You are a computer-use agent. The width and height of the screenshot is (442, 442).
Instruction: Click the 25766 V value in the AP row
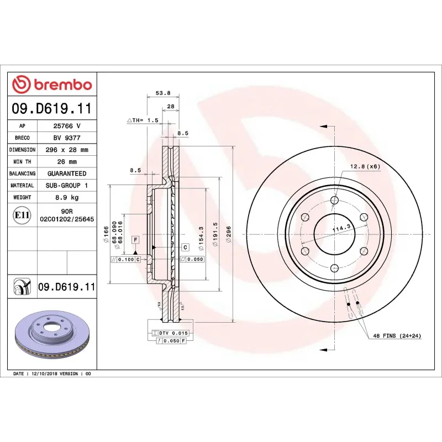point(67,126)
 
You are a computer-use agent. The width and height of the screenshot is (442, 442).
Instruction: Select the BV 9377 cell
point(67,138)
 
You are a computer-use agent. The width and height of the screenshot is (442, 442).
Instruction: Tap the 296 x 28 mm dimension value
point(67,150)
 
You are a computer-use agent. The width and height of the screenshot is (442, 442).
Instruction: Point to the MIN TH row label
point(22,162)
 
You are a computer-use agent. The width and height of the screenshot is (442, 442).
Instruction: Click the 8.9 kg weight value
point(67,197)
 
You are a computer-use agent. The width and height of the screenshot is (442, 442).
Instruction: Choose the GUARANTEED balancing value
point(67,173)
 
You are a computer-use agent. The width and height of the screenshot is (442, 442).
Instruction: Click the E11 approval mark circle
point(22,215)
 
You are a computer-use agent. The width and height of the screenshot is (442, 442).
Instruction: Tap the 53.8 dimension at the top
point(164,93)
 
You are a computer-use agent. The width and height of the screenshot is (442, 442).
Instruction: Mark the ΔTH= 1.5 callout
point(143,120)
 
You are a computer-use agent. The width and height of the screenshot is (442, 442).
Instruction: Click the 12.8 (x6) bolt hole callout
point(365,166)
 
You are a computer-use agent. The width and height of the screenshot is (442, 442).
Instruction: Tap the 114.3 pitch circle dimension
point(341,227)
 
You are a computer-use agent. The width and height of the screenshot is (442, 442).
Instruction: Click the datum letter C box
point(185,247)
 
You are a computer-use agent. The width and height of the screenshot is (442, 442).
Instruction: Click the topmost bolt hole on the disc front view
point(334,201)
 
